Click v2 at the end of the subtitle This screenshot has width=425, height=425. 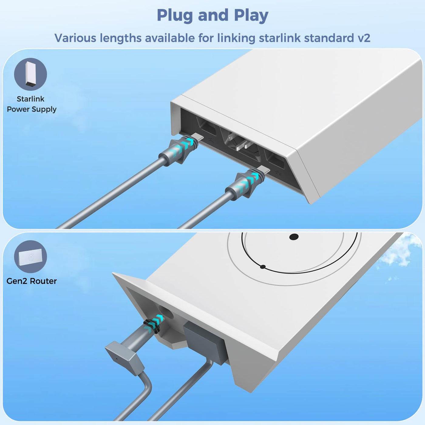coord(364,38)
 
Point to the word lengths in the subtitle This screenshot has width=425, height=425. coord(121,38)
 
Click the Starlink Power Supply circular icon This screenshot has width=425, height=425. coord(30,74)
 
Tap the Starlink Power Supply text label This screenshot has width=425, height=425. coord(32,104)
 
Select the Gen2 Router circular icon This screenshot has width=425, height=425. coord(30,257)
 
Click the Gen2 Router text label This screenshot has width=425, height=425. coord(32,281)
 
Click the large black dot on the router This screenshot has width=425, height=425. coord(294,237)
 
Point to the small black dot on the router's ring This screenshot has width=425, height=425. coord(263,267)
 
